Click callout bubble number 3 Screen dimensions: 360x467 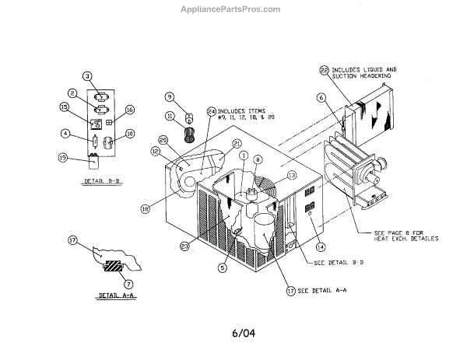pyautogui.click(x=88, y=75)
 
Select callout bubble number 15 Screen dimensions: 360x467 pyautogui.click(x=65, y=107)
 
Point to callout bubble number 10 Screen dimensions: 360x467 pyautogui.click(x=130, y=133)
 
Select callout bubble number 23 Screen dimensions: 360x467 pyautogui.click(x=184, y=247)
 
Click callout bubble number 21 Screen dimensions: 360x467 pyautogui.click(x=237, y=144)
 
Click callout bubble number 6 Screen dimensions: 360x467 pyautogui.click(x=320, y=97)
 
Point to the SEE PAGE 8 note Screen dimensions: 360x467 pyautogui.click(x=406, y=236)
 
